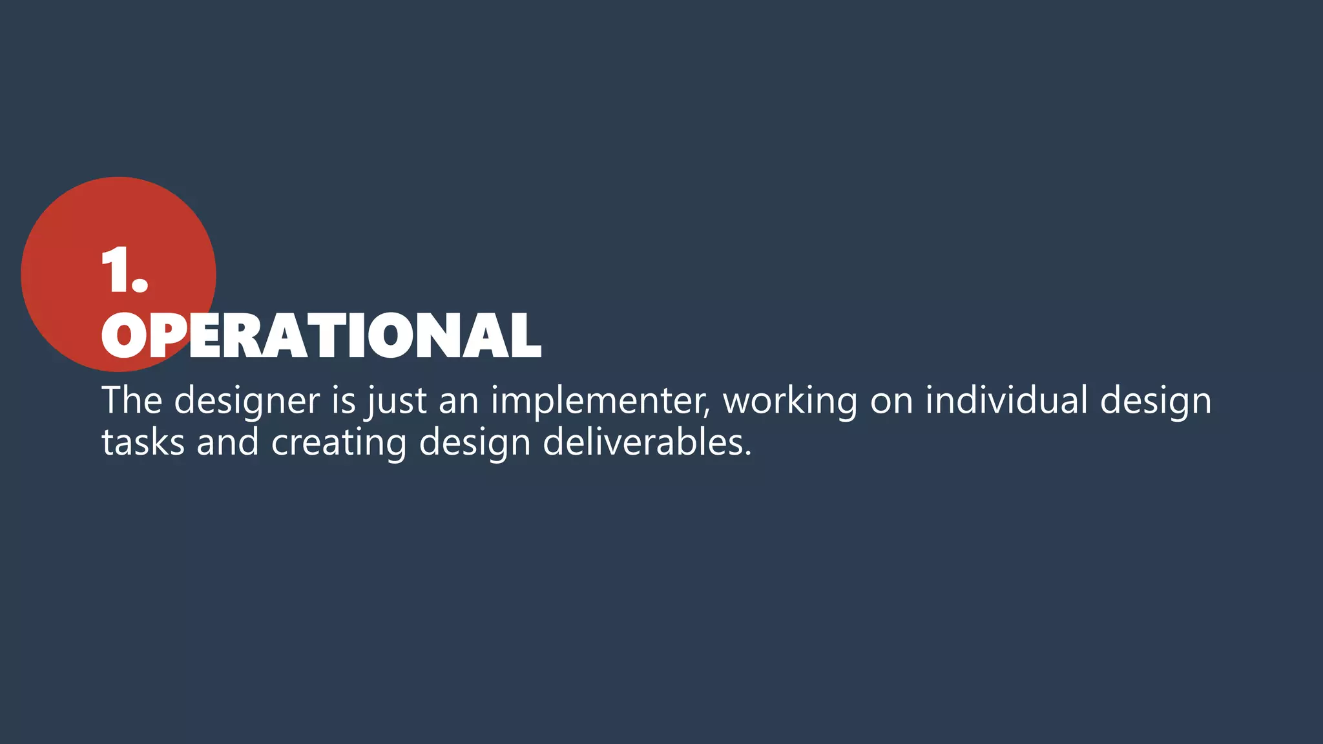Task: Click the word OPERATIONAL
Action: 321,336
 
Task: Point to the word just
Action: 397,401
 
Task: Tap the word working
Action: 790,401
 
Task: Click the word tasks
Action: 143,442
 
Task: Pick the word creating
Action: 339,444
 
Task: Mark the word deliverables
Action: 647,442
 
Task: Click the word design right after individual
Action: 1156,401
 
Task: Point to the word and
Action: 227,442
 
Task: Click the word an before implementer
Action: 459,401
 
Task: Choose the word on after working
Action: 891,401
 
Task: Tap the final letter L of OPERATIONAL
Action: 524,336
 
